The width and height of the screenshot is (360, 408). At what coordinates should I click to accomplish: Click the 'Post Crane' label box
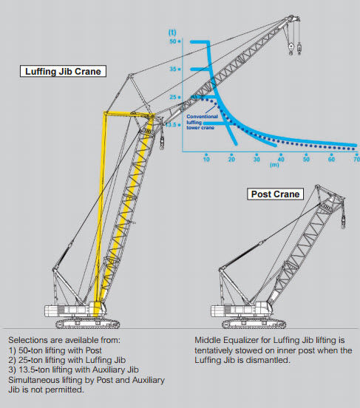[275, 194]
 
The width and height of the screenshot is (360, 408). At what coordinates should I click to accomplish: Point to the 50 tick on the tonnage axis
[174, 42]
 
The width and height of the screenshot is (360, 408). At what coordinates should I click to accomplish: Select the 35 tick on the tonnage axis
[174, 69]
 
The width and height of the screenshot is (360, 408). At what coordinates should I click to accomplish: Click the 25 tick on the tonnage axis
[174, 97]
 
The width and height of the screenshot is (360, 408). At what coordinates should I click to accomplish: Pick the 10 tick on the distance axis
[206, 159]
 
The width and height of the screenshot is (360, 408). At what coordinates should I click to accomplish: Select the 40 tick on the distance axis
[282, 159]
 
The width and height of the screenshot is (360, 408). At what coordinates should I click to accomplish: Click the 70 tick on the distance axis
[356, 159]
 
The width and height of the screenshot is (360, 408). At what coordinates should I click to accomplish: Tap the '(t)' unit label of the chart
[173, 33]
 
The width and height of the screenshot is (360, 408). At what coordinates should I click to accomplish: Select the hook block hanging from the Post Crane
[343, 221]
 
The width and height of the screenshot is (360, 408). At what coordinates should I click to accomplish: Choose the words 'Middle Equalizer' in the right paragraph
[220, 339]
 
